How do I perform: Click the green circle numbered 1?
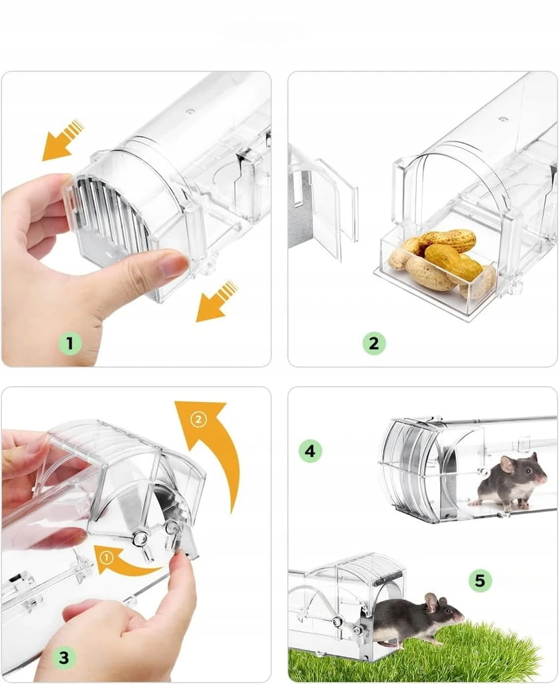[69, 343]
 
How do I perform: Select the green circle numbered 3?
[63, 657]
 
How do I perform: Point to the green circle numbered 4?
[310, 451]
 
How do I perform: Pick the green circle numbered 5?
[480, 580]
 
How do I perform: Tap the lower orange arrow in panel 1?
[216, 301]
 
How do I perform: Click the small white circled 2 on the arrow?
[198, 419]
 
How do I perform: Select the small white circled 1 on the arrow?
[107, 557]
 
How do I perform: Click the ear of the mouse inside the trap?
[507, 464]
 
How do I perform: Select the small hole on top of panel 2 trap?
[503, 118]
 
